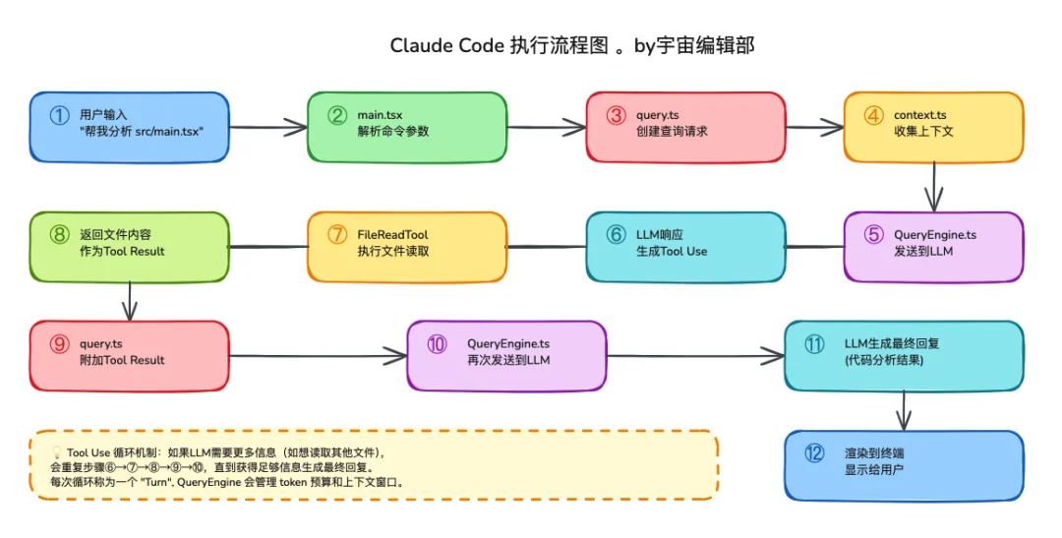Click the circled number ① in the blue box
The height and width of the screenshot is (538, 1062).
click(60, 115)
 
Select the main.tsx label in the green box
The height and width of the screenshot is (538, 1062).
click(380, 115)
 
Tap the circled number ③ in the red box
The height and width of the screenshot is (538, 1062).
click(617, 115)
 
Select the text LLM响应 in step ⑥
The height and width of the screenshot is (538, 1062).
click(659, 235)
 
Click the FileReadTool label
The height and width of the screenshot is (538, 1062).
click(392, 235)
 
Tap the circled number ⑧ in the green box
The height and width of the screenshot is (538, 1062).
click(60, 235)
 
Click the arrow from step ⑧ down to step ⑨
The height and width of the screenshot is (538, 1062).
click(130, 296)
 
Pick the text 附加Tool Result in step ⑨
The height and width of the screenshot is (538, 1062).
click(122, 360)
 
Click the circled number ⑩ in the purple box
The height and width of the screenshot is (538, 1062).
click(437, 344)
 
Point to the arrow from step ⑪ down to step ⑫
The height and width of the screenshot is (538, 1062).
click(904, 408)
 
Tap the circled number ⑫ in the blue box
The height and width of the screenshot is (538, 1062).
click(814, 453)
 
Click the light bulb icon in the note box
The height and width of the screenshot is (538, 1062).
click(57, 452)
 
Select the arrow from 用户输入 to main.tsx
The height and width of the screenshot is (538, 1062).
click(266, 127)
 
